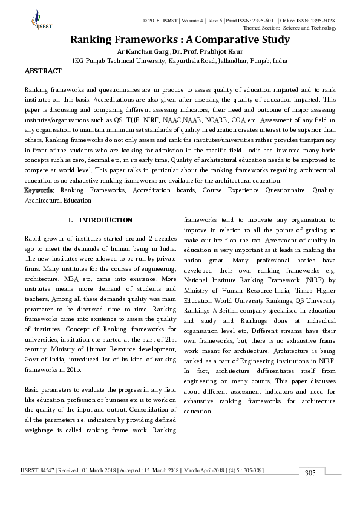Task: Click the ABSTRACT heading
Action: (x=43, y=71)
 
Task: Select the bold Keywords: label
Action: (x=41, y=190)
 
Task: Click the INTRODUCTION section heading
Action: (x=105, y=220)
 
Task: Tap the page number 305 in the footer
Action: (x=310, y=473)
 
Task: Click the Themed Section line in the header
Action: (x=289, y=28)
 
